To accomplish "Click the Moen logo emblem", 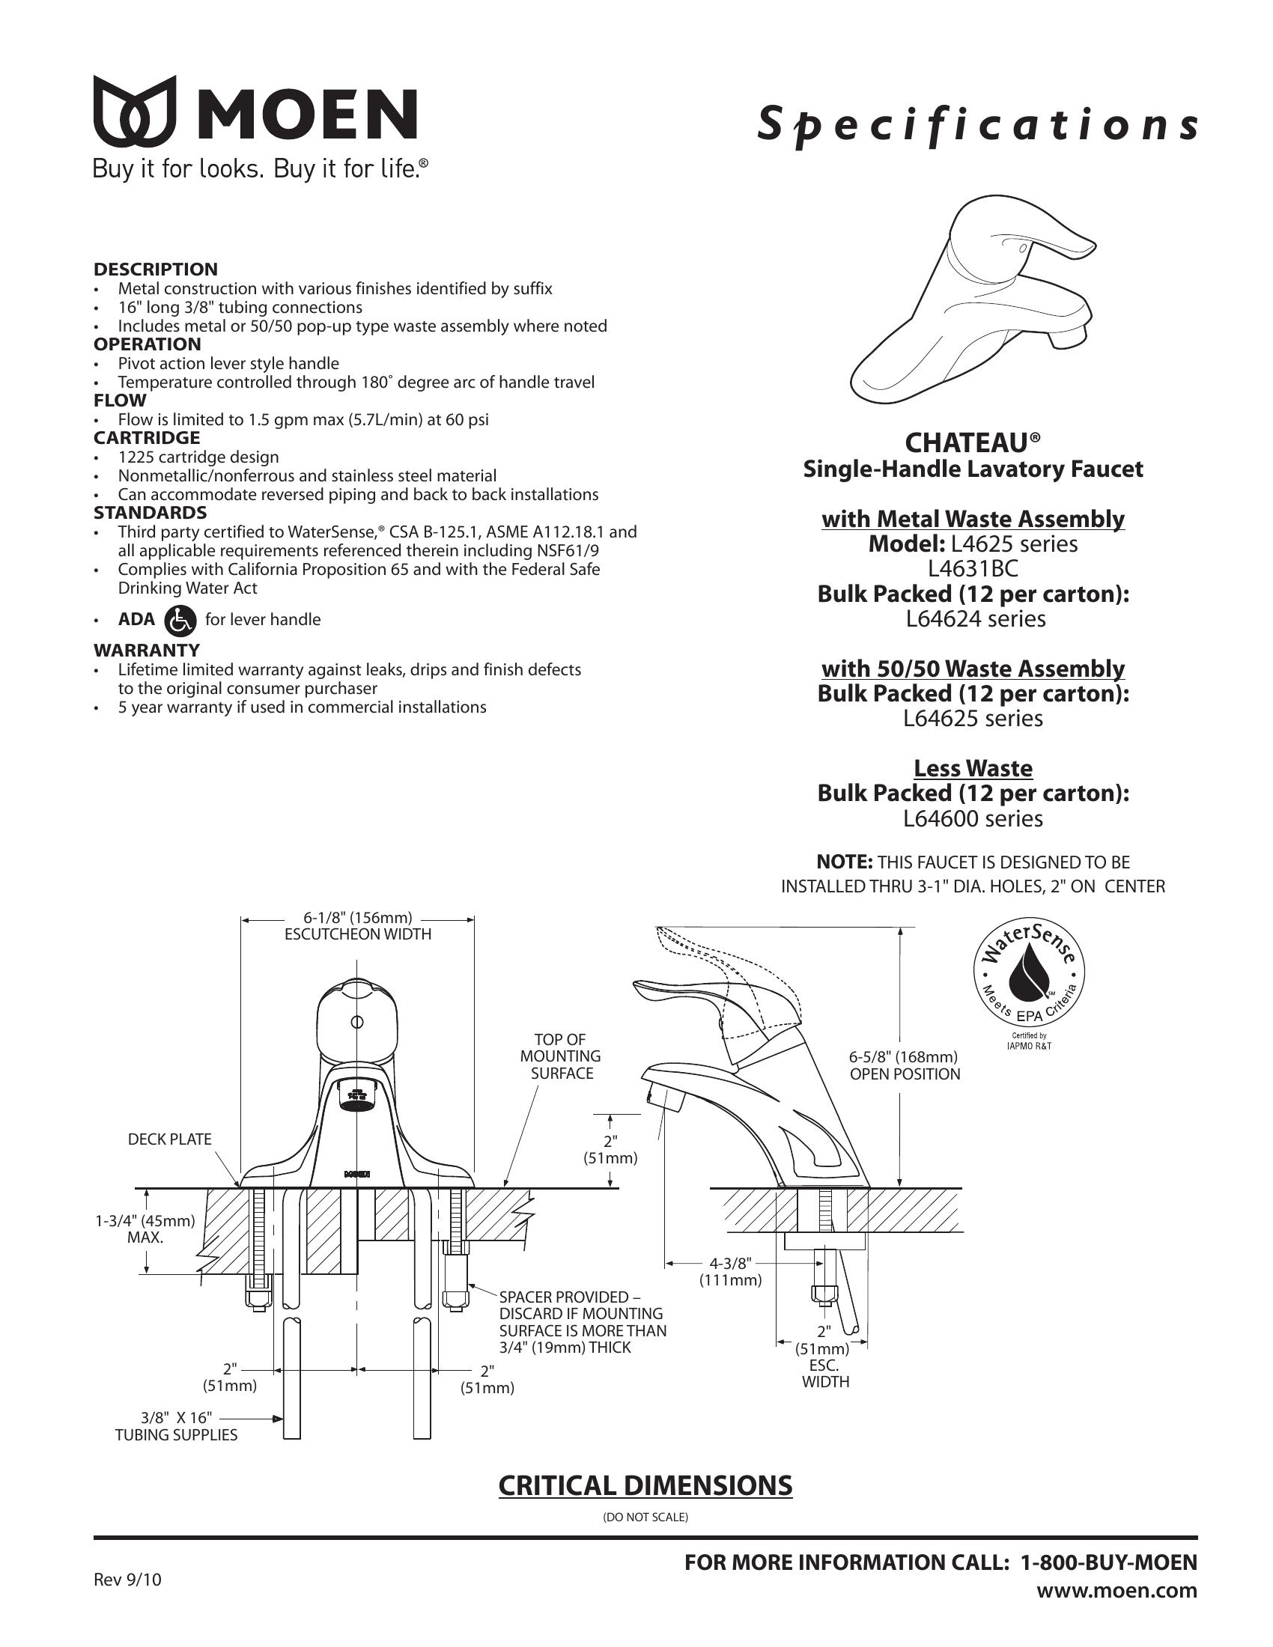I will coord(134,111).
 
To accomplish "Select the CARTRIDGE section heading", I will coord(146,438).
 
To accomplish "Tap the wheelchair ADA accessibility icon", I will coord(180,620).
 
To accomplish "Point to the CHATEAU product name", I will coord(972,441).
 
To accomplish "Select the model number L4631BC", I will coord(973,569).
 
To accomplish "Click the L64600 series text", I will coord(973,819).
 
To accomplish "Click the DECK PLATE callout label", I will coord(170,1139).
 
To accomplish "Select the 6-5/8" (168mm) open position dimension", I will coord(905,1065).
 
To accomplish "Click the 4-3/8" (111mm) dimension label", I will coord(730,1271).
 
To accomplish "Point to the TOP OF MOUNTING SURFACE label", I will coord(561,1056).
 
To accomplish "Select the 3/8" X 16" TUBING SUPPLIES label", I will coord(177,1427).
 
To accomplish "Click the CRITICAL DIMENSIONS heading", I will coord(645,1485).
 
